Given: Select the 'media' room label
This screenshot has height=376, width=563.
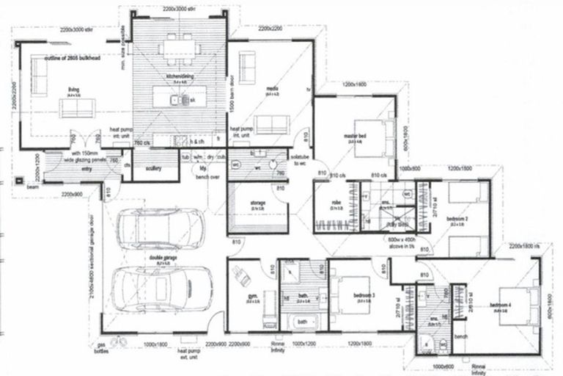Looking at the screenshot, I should click(x=271, y=89).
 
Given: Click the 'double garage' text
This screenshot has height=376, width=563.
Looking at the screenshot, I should click(x=161, y=258).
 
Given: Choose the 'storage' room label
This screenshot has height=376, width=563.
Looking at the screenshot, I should click(x=258, y=203).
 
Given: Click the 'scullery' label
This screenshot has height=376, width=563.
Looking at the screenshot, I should click(x=153, y=168).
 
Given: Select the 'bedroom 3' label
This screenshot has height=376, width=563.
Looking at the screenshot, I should click(x=364, y=295).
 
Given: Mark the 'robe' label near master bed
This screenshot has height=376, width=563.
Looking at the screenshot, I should click(x=335, y=203).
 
